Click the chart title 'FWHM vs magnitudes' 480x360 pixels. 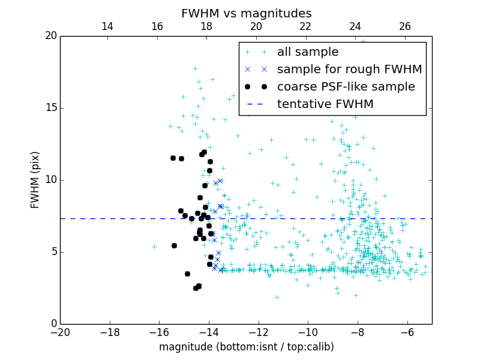[x=246, y=13]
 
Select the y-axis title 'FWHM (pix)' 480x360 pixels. [x=35, y=179]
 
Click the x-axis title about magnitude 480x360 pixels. [x=246, y=347]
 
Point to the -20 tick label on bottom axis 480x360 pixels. [x=60, y=332]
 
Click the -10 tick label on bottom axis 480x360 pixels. [x=308, y=332]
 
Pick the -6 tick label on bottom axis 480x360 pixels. [x=407, y=332]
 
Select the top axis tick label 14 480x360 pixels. [x=107, y=26]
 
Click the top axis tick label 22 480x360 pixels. [x=305, y=26]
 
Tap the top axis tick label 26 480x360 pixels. [x=404, y=26]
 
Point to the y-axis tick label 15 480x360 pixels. [x=50, y=108]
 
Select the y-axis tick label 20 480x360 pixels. [x=50, y=36]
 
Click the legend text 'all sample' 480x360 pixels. [x=307, y=52]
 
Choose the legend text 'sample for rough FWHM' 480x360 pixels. [x=349, y=70]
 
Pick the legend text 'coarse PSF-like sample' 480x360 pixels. [x=346, y=87]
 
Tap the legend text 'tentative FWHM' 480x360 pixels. [x=325, y=104]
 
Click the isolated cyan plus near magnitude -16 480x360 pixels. [x=154, y=247]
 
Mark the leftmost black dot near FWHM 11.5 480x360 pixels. [x=173, y=158]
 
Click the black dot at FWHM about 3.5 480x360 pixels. [x=187, y=274]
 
